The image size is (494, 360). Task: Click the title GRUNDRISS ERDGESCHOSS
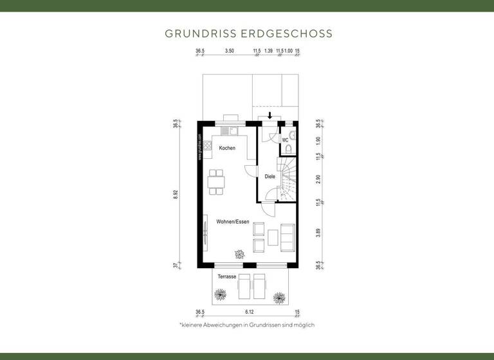pos(248,32)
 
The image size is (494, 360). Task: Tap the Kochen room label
pos(227,148)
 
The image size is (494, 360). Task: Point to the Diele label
pos(270,177)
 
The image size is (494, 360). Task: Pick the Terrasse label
pos(226,276)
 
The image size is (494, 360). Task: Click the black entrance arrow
pos(270,116)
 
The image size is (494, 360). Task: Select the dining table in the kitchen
pos(217,181)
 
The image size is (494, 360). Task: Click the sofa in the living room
pos(288,238)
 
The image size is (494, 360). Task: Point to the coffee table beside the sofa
pos(273,238)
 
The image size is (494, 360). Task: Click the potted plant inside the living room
pos(241,254)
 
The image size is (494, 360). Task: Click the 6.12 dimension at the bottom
pos(248,312)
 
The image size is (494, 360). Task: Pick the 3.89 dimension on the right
pos(318,234)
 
